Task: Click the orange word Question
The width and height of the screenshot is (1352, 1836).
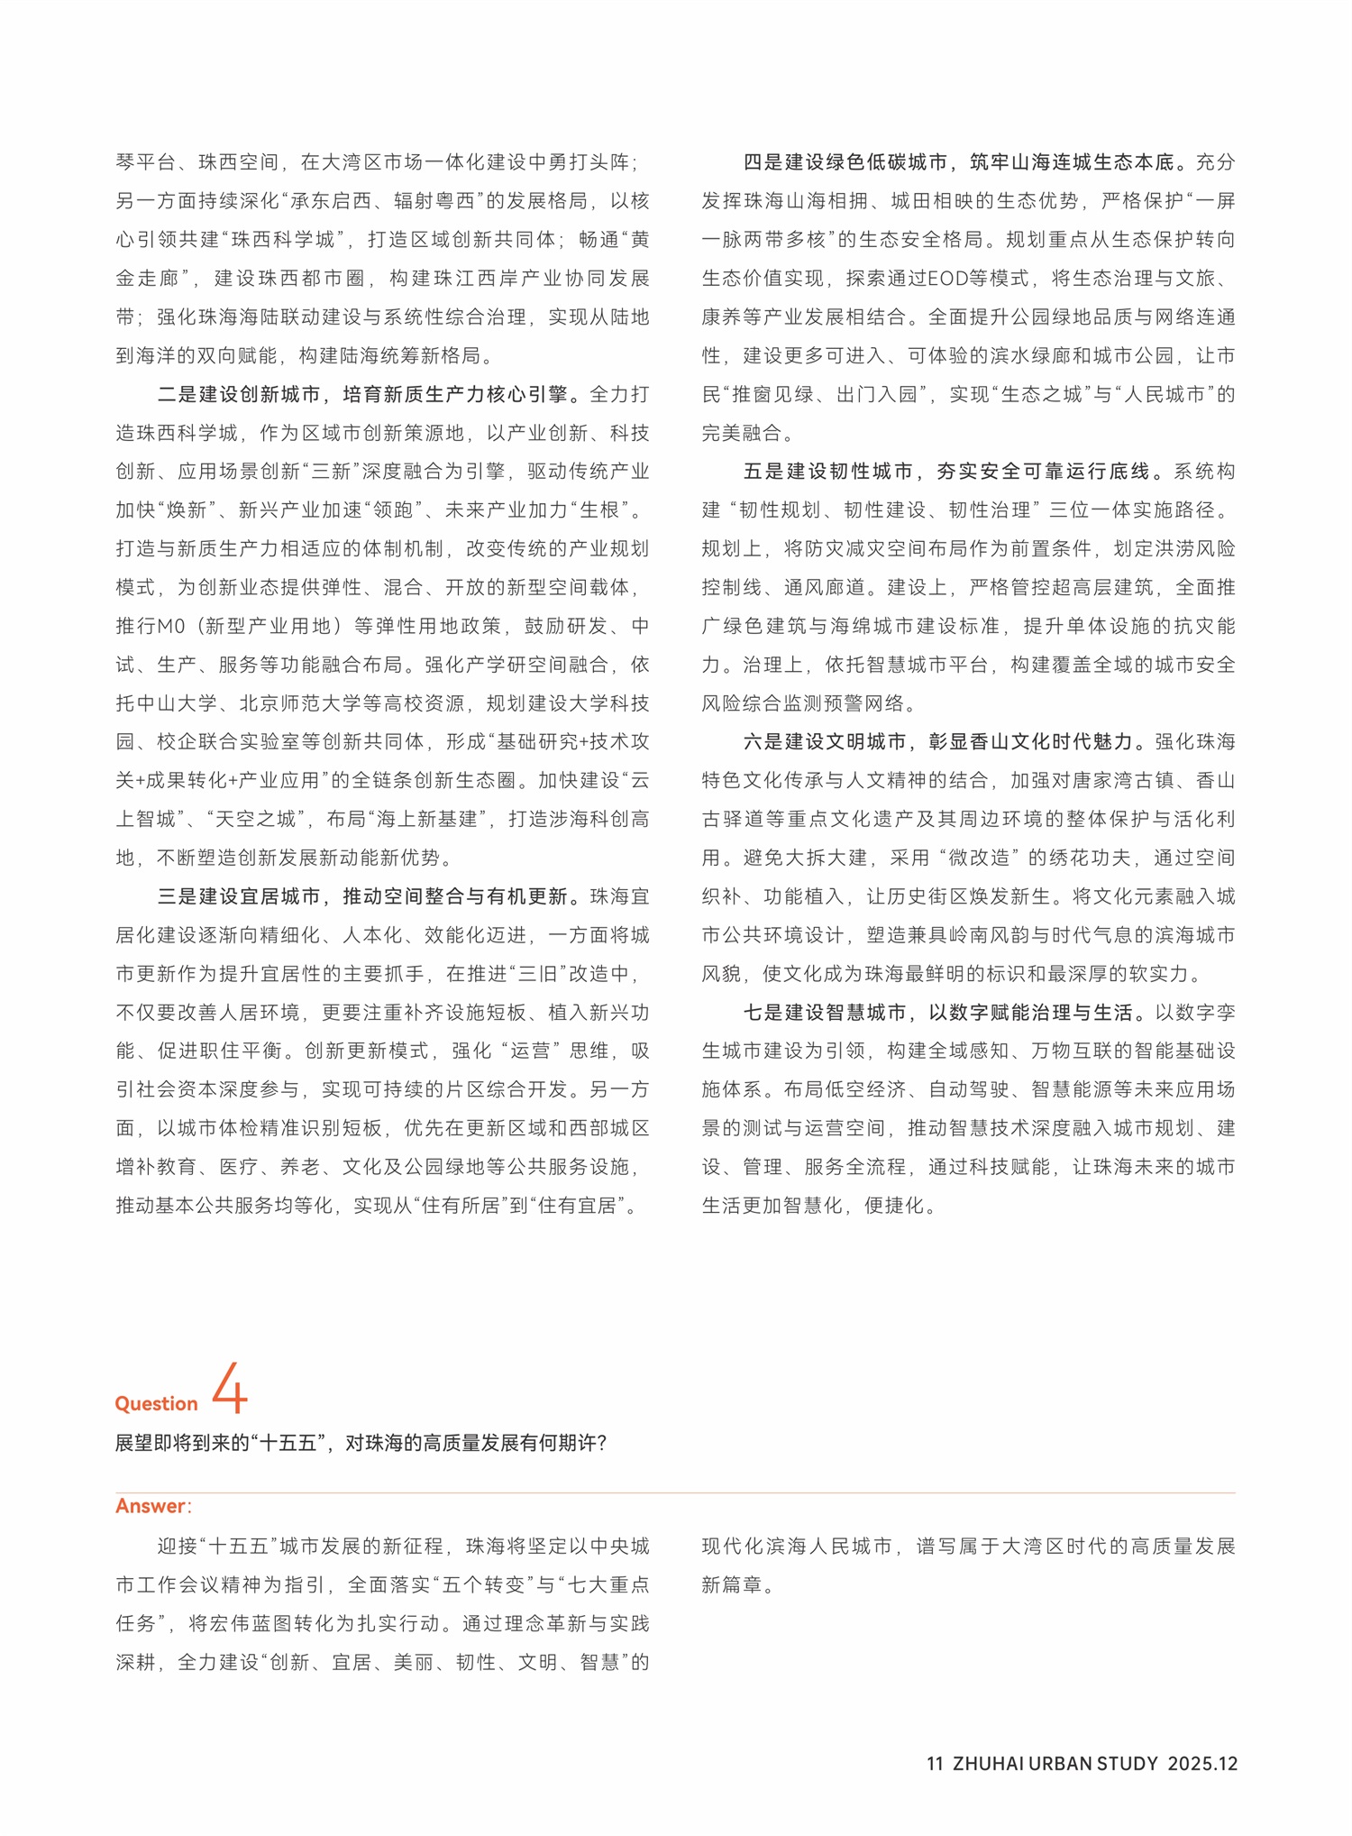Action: coord(156,1403)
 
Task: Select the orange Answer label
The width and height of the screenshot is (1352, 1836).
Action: coord(151,1505)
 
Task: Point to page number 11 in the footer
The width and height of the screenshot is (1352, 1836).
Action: coord(935,1763)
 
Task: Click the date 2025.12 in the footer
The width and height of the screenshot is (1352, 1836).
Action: coord(1202,1763)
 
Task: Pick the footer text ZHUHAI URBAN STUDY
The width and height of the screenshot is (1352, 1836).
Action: coord(1055,1763)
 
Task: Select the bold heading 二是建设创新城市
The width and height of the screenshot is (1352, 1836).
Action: coord(239,394)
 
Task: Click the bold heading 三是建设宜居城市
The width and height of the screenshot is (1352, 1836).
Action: coord(239,896)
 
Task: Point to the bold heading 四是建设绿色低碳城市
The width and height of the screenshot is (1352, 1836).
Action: coord(845,162)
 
